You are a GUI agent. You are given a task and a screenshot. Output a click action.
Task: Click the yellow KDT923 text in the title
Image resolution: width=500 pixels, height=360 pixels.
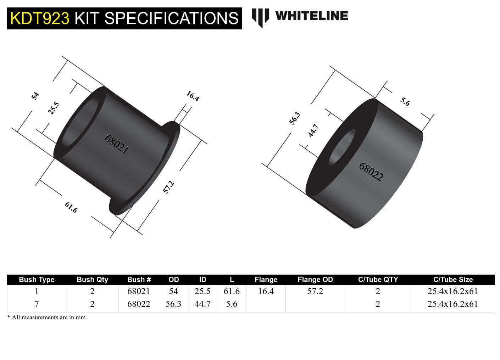[39, 18]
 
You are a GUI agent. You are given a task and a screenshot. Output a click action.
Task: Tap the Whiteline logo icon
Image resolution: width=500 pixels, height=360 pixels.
[260, 18]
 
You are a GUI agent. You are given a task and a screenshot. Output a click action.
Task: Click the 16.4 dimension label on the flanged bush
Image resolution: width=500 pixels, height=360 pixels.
[193, 96]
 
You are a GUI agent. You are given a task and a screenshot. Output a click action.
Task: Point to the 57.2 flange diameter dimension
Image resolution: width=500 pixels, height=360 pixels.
[168, 187]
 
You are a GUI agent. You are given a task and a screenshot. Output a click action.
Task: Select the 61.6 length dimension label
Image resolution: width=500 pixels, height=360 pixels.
[71, 207]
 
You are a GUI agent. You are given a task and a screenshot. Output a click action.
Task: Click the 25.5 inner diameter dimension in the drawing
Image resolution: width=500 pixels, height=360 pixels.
[54, 108]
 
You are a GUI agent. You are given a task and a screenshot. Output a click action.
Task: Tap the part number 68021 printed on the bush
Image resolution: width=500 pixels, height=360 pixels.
[116, 144]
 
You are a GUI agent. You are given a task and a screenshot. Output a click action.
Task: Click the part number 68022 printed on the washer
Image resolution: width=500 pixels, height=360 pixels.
[371, 172]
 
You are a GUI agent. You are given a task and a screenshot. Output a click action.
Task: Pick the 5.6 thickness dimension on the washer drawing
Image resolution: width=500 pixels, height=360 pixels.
[405, 102]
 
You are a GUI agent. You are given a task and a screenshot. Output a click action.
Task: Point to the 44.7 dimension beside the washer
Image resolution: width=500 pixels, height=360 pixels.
[313, 130]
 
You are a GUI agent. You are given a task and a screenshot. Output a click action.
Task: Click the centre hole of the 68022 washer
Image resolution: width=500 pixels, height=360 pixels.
[342, 147]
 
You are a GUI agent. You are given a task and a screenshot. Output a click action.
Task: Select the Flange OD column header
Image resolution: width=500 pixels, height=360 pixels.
[315, 280]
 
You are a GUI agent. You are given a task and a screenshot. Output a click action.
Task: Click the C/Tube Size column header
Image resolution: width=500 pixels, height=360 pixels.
[452, 280]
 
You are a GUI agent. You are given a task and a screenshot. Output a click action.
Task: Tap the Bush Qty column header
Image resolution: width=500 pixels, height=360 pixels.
[92, 280]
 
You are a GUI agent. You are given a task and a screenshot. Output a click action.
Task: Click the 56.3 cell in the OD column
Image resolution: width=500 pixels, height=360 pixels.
[173, 304]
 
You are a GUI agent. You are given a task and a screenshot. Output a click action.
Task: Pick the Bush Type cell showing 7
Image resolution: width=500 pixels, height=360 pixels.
[37, 304]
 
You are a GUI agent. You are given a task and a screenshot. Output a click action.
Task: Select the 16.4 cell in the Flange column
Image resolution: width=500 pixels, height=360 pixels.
[266, 291]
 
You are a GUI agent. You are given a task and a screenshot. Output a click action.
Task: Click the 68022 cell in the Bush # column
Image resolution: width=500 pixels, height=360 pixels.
[139, 304]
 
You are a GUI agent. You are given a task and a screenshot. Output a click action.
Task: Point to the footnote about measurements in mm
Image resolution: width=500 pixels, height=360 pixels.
[46, 317]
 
